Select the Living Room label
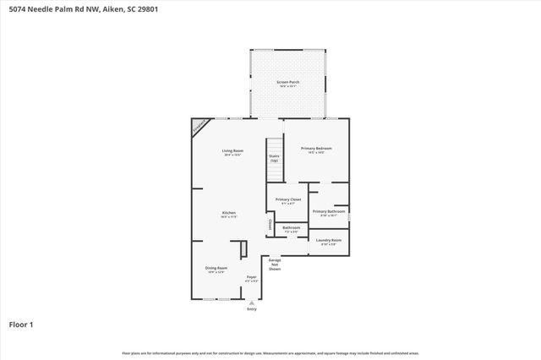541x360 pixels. click(x=232, y=152)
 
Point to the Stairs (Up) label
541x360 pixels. click(x=275, y=158)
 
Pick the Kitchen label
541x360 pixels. click(x=229, y=214)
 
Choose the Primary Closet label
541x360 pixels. click(x=288, y=201)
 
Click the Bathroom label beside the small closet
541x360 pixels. click(x=291, y=228)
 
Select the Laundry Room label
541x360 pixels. click(x=329, y=242)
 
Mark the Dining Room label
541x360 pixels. click(x=216, y=270)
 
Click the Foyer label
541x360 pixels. click(x=251, y=278)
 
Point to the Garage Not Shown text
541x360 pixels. click(x=275, y=264)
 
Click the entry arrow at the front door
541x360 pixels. click(x=251, y=303)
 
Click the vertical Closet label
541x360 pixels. click(x=270, y=226)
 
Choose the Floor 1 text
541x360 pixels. click(x=22, y=324)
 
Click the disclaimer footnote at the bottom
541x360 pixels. click(x=270, y=352)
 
